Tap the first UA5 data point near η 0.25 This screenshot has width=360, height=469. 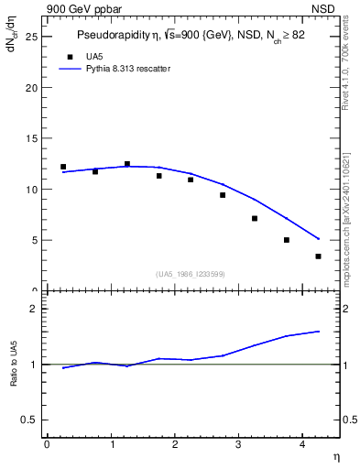[x=63, y=167]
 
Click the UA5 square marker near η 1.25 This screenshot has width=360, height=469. [x=127, y=164]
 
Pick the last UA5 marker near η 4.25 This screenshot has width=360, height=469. [x=318, y=256]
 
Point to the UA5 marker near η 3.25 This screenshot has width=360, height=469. [x=255, y=218]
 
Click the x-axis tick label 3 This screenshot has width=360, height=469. [x=238, y=444]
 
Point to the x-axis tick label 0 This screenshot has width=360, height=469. [x=47, y=444]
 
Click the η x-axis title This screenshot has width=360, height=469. [x=336, y=456]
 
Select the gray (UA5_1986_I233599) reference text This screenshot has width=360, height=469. [x=191, y=273]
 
